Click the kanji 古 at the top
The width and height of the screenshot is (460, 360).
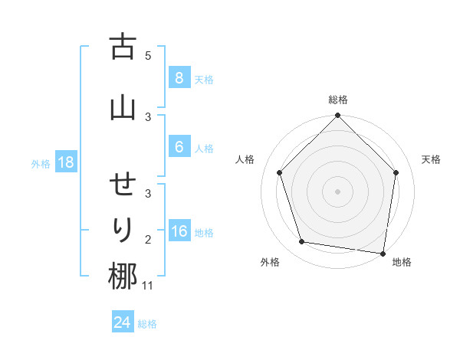point(123,47)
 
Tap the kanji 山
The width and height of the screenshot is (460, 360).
point(123,106)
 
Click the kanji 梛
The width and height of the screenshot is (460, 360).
point(123,276)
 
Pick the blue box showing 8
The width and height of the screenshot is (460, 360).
point(179,77)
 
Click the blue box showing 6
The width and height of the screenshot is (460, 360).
point(179,148)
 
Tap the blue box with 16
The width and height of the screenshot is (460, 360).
point(179,232)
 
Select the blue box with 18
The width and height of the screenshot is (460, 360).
point(64,162)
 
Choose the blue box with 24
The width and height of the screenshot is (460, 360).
point(122,322)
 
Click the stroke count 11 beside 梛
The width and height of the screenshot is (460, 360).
point(148,286)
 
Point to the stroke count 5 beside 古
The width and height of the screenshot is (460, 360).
point(148,55)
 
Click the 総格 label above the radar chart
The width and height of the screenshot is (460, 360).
point(337,100)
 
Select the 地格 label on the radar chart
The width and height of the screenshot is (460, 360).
point(402,262)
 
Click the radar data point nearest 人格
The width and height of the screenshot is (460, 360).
point(279,172)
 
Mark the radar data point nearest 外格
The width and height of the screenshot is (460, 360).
point(302,242)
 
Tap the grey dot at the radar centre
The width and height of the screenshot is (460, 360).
point(337,191)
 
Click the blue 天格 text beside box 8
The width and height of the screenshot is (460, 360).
point(204,79)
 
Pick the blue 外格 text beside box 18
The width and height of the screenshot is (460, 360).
point(41,163)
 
